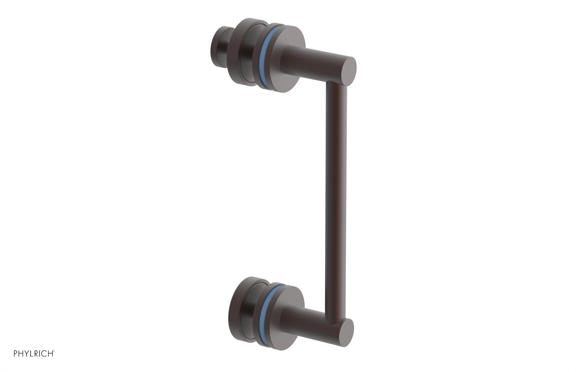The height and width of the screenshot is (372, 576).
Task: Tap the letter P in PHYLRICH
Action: [15, 354]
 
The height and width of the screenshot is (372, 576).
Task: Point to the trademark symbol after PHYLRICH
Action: [54, 351]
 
